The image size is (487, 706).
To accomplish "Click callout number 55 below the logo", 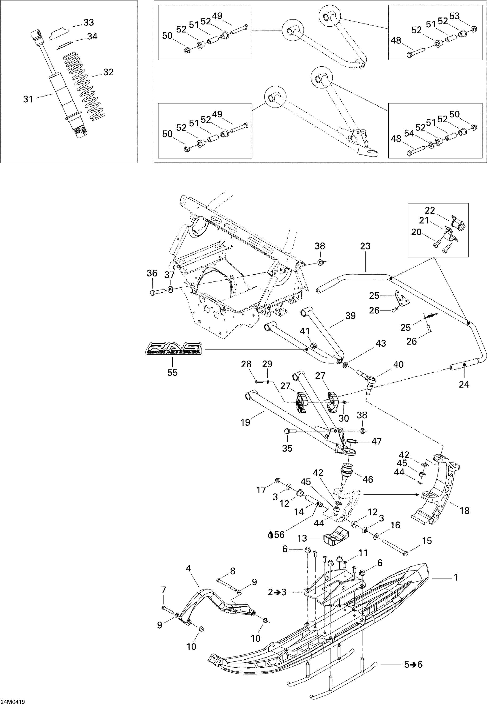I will coord(172,373).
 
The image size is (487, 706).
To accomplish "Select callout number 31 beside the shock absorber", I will coord(28,99).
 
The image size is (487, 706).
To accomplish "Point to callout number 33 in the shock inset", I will coord(89,22).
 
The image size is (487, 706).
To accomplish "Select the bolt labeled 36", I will coord(153,293).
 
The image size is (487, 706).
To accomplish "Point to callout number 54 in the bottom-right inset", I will coord(409,133).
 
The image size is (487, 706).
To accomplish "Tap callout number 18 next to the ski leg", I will coord(464,510).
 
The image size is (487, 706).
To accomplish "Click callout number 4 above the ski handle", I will coord(188,568).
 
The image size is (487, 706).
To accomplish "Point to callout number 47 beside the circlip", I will coord(376,441).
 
